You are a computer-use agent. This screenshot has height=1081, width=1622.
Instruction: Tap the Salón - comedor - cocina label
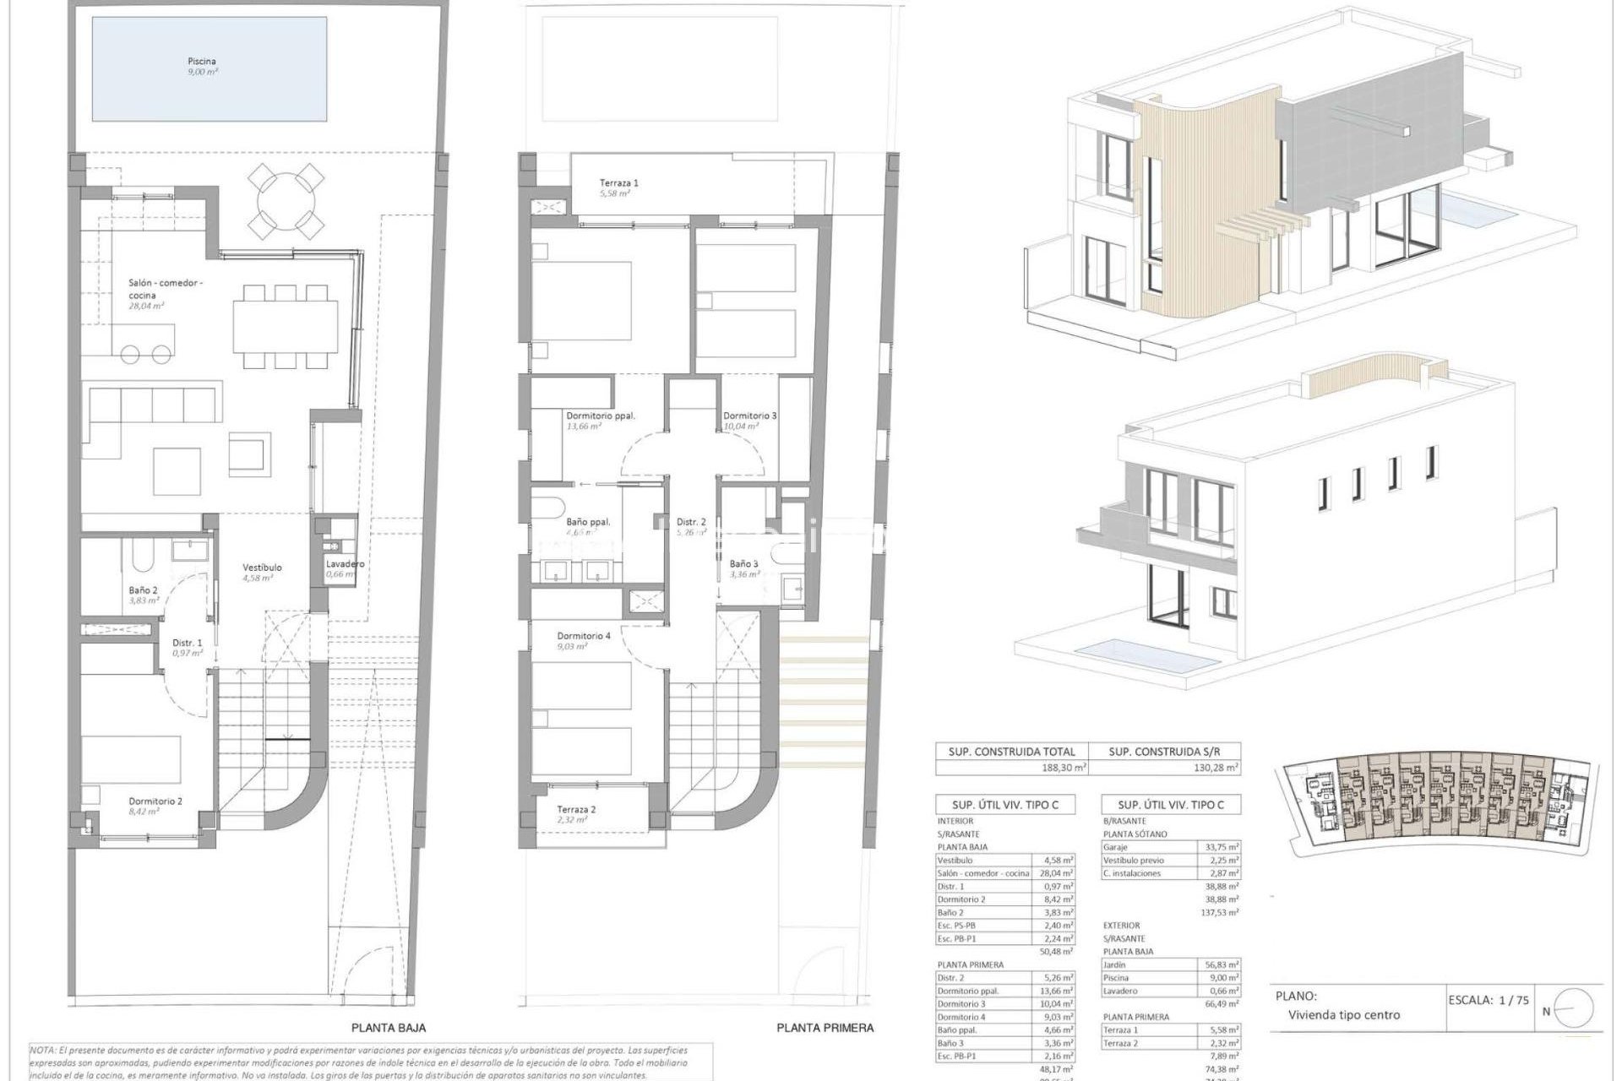(x=165, y=289)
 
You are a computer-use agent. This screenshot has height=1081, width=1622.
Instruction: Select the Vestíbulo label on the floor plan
(x=262, y=568)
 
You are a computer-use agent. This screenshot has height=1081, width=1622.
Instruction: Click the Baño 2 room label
(x=143, y=590)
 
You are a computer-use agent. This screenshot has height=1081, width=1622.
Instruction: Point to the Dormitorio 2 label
(x=155, y=801)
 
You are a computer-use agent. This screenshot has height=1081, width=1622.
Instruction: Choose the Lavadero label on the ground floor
(x=345, y=564)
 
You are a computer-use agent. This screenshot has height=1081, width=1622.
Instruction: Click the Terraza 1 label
(x=619, y=182)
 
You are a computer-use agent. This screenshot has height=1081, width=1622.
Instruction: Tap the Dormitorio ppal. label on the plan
(x=601, y=416)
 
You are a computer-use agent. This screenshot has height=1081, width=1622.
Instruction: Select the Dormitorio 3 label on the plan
(x=749, y=416)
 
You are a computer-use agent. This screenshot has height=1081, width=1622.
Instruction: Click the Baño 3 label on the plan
(x=743, y=563)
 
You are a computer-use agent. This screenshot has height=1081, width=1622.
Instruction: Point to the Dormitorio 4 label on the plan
(x=583, y=636)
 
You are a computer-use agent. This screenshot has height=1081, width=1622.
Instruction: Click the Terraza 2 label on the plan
(x=576, y=809)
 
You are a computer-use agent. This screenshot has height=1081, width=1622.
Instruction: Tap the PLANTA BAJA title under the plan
(x=389, y=1028)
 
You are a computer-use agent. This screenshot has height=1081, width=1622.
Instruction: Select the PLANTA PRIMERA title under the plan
(x=825, y=1028)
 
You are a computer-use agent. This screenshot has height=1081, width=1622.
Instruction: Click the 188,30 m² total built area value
(x=1063, y=768)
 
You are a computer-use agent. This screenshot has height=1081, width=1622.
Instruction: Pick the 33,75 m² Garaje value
(x=1222, y=846)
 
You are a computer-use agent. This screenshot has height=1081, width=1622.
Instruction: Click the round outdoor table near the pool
(x=286, y=200)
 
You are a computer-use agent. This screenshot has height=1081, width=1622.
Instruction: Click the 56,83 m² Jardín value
(x=1222, y=964)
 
